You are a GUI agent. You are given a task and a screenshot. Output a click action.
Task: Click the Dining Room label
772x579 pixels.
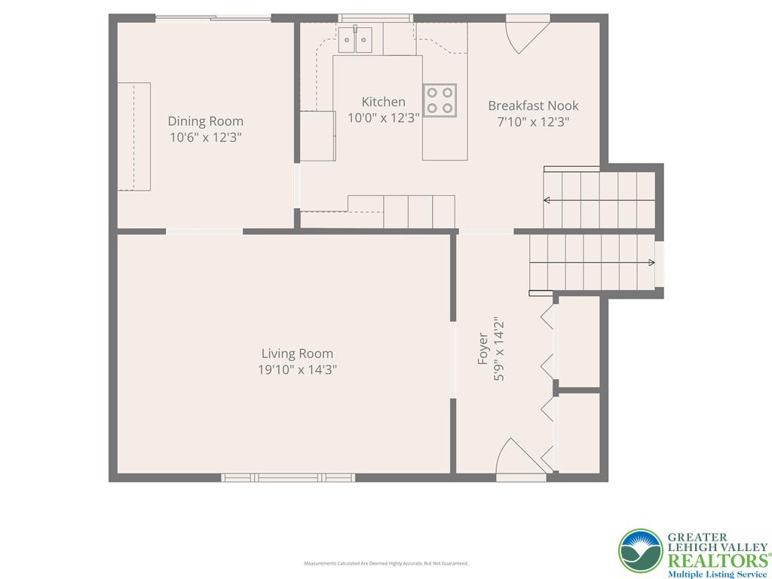coord(205,121)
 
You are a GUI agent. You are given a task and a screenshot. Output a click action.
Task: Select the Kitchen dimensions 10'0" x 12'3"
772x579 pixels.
coord(383,118)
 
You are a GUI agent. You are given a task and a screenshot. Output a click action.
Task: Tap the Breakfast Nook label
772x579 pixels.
coord(533,106)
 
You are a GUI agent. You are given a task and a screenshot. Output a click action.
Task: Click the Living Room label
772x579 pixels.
coord(297,354)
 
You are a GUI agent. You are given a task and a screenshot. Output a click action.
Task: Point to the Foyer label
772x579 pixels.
coord(482,351)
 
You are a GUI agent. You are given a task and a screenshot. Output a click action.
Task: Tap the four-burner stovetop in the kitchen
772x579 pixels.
coord(440,100)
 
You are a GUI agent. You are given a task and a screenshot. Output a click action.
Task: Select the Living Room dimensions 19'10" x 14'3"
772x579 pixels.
coord(297,369)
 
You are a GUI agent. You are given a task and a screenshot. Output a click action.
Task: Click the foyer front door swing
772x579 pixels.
coord(513,457)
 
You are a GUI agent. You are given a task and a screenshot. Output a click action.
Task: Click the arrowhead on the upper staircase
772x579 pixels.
coord(547,201)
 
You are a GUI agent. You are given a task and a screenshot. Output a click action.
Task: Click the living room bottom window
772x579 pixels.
coord(288,477)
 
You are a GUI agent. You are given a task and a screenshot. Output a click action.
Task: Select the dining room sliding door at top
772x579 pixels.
coord(213,18)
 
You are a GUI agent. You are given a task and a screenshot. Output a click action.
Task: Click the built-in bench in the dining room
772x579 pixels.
coord(134,136)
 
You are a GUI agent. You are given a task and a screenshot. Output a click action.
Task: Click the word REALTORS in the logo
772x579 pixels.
coord(716,560)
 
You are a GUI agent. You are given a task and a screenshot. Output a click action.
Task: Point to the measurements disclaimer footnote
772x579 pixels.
coord(386,563)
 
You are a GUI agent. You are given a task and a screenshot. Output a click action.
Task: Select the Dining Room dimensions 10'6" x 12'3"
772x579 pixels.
coord(205,137)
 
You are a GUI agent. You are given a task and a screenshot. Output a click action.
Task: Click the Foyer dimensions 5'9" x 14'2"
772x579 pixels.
coord(498,348)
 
